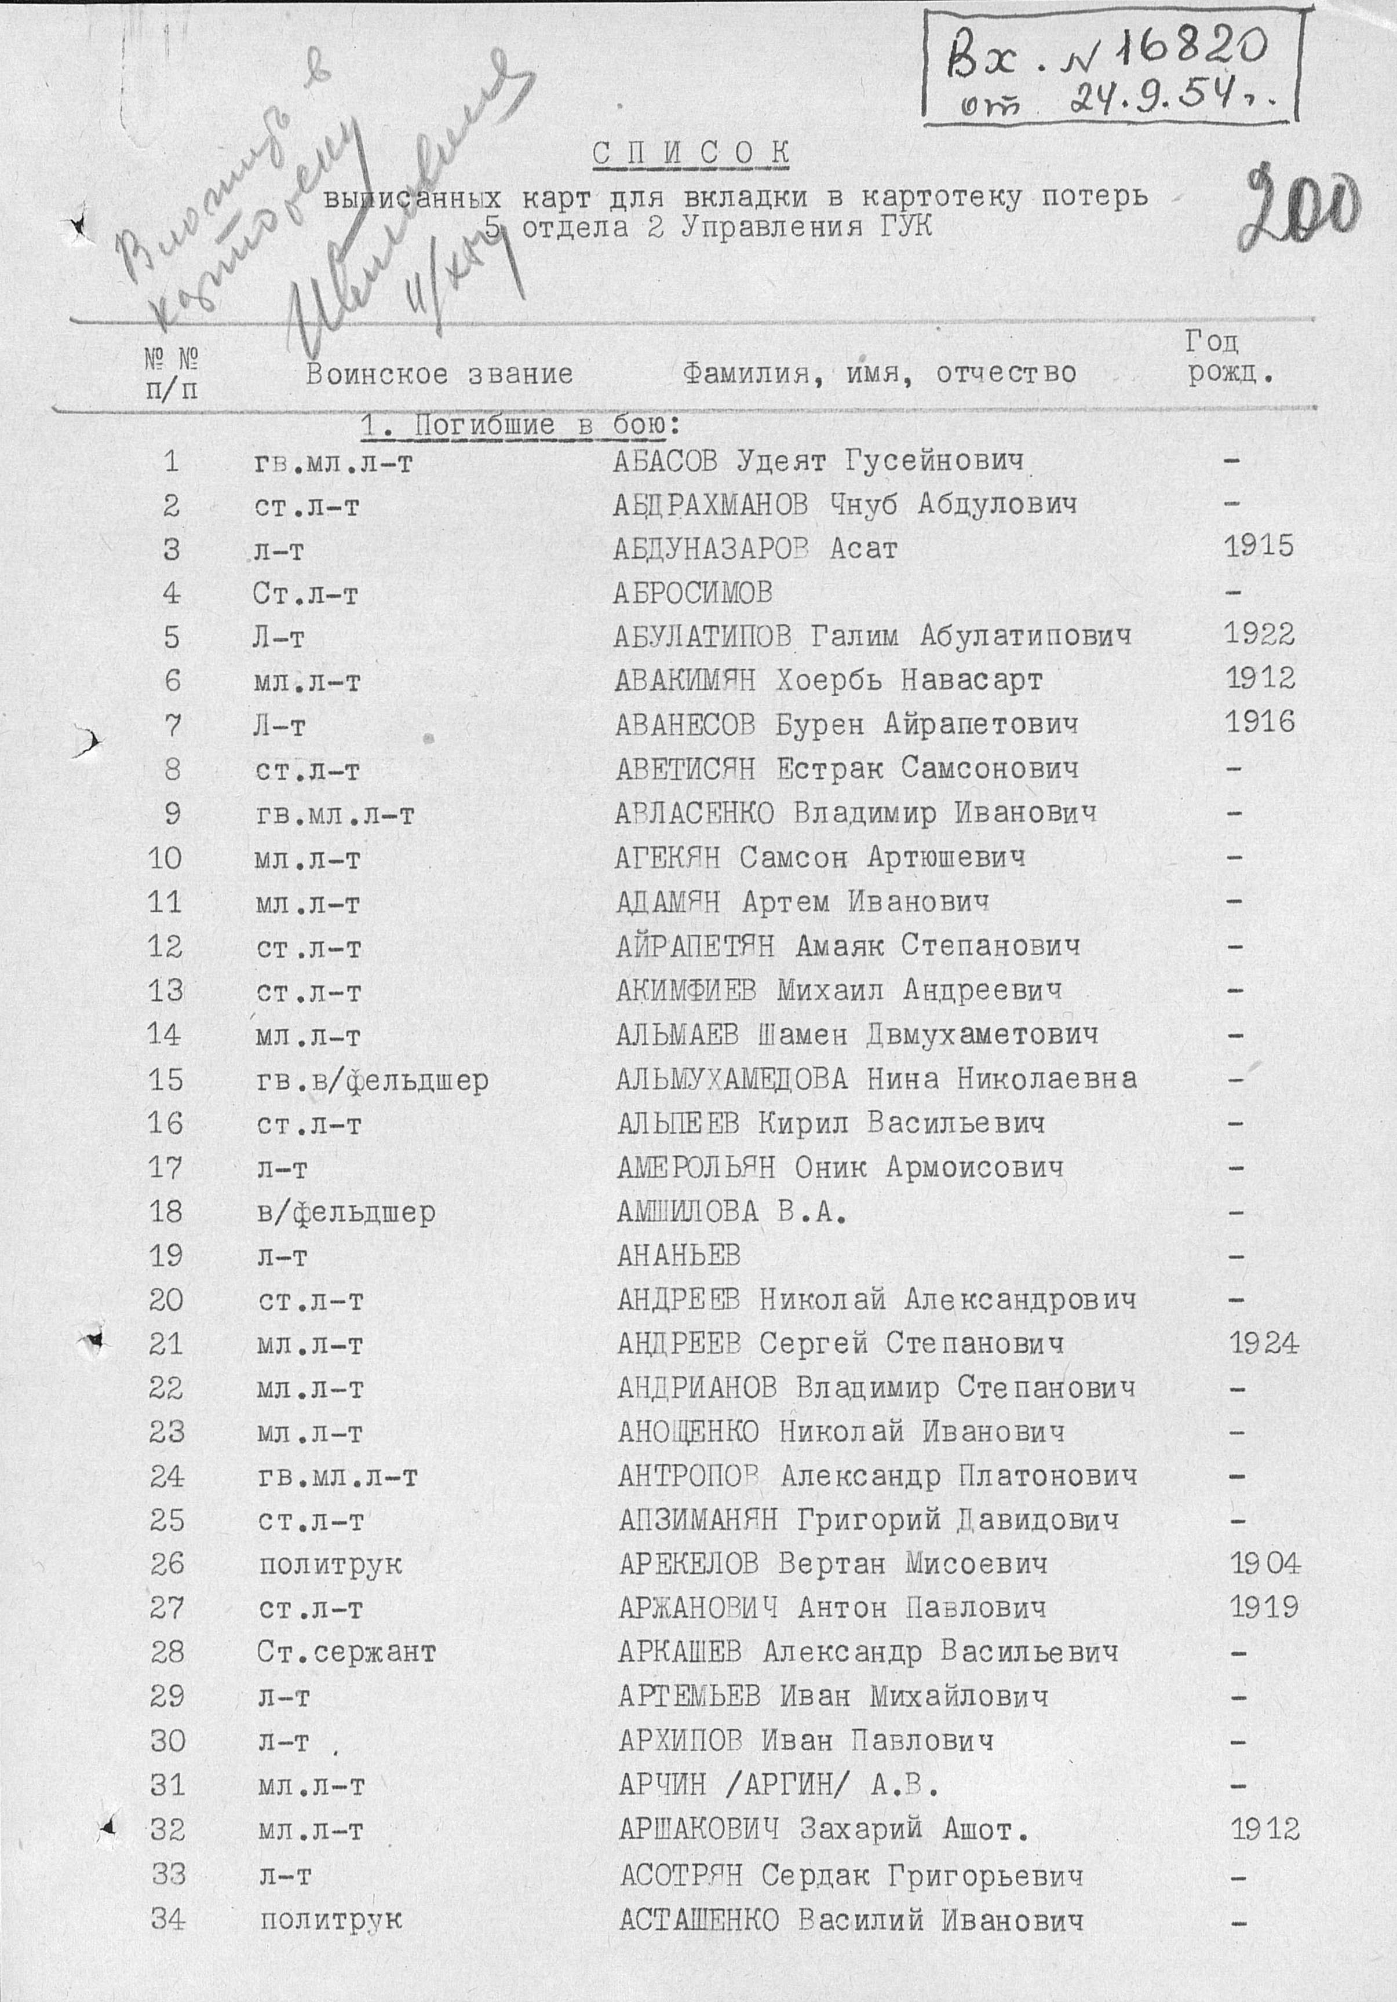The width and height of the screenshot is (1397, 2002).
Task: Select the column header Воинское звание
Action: pos(439,374)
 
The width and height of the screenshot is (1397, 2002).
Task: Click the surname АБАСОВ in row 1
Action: pos(665,461)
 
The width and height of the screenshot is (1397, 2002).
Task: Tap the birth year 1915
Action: pos(1259,547)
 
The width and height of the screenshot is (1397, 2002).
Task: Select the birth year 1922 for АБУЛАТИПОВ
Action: pos(1259,634)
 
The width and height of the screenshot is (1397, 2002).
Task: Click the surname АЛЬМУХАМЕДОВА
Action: pos(731,1079)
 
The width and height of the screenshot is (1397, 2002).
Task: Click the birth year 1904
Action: pos(1264,1563)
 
